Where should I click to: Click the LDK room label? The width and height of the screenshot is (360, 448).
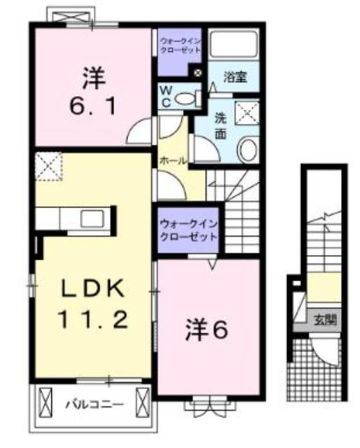(x=91, y=288)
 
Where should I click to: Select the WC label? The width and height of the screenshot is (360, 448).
(x=166, y=97)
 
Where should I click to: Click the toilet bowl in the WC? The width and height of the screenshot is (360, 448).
(x=185, y=99)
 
